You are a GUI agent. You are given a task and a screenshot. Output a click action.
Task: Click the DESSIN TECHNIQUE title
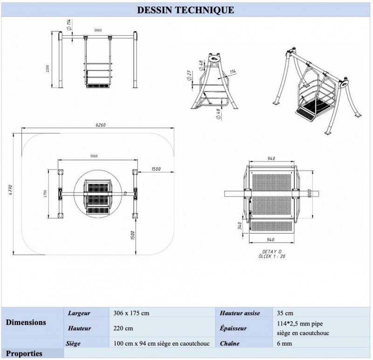tap(186, 10)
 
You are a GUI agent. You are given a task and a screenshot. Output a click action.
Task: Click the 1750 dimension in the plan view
tap(46, 194)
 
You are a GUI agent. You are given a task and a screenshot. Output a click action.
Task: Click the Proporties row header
tap(24, 354)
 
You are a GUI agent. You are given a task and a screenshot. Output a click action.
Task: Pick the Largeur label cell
tap(79, 313)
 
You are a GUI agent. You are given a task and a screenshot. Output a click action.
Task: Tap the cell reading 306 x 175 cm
tap(132, 313)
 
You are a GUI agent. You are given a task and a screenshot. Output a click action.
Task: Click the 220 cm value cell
tap(123, 328)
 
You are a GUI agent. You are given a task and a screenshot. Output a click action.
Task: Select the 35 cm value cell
tap(285, 313)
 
